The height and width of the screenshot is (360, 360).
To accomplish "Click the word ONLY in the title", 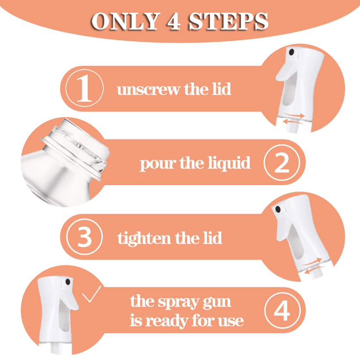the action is [x=126, y=21].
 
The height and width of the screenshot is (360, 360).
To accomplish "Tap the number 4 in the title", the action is [x=174, y=21].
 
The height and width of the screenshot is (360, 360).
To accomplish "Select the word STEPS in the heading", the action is [x=228, y=21].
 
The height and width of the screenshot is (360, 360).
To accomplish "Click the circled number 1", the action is [x=84, y=88].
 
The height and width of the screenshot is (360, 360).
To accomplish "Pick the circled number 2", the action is [x=282, y=162].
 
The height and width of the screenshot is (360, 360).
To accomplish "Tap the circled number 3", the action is [x=84, y=237].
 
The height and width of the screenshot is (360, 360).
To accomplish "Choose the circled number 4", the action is [x=283, y=310].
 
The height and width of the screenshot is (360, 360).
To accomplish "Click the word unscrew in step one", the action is [x=148, y=90].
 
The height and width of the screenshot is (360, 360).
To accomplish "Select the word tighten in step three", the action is [x=144, y=239].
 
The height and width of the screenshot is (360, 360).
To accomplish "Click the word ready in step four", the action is [x=167, y=321].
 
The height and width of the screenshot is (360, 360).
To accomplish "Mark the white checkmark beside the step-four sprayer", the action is [x=92, y=294].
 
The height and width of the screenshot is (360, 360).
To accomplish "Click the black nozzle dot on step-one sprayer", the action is [x=292, y=52].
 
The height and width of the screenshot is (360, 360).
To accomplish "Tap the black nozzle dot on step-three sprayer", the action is [x=278, y=209].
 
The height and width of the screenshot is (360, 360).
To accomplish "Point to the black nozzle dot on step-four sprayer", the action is [x=68, y=282].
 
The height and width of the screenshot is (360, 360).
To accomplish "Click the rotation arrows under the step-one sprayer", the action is [x=294, y=118].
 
